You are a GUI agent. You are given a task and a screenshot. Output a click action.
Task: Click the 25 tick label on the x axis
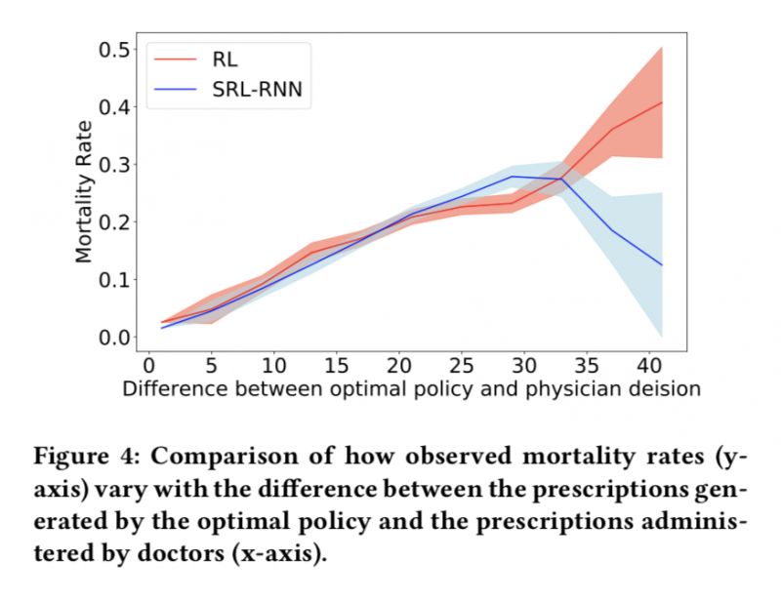tap(461, 366)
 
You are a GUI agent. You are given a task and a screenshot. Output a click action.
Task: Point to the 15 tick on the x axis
tap(335, 366)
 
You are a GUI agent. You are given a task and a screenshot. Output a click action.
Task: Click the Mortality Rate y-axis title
tap(85, 191)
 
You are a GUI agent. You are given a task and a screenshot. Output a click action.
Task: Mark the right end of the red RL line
tap(663, 101)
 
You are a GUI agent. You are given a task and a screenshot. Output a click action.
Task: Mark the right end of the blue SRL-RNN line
tap(663, 265)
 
